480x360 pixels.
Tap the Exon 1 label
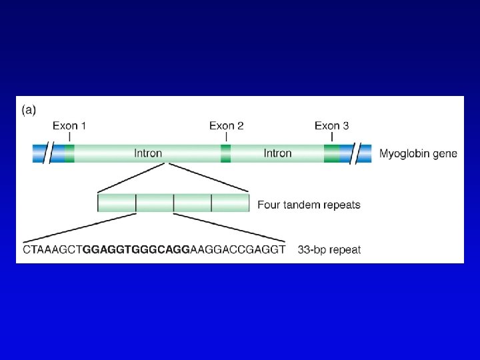[x=69, y=125]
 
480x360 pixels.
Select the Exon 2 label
[x=226, y=125]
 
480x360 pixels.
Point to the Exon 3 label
[x=331, y=125]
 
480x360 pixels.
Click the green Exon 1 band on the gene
[x=69, y=153]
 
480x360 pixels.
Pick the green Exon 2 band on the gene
[x=226, y=153]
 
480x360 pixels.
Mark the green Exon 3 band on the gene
[x=331, y=153]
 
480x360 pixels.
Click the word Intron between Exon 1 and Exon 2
[x=147, y=153]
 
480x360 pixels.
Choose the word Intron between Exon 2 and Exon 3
[x=277, y=153]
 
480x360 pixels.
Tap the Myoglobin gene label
[x=418, y=153]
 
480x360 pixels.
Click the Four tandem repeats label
[x=309, y=205]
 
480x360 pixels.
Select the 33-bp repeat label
[x=329, y=250]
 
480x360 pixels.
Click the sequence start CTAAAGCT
[x=52, y=250]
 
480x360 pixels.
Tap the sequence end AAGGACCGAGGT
[x=238, y=250]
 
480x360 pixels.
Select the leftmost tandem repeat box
[x=117, y=203]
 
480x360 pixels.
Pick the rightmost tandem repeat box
[x=230, y=203]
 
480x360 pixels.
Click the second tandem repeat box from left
[x=155, y=203]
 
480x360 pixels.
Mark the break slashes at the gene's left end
[x=49, y=153]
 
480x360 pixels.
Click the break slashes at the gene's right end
[x=363, y=153]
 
